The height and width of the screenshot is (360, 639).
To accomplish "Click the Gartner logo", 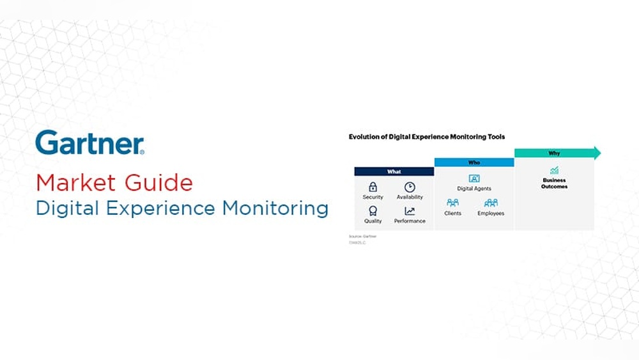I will [x=89, y=143].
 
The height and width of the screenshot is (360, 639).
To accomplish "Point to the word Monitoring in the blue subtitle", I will [x=275, y=208].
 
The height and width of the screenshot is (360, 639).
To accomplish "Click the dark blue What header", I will [x=394, y=171].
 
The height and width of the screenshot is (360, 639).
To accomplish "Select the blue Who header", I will [x=474, y=162].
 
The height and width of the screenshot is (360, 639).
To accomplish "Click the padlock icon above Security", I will [x=373, y=187].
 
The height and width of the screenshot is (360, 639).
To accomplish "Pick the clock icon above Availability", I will [x=410, y=187].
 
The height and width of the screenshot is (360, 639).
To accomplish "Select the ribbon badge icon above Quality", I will [x=373, y=210].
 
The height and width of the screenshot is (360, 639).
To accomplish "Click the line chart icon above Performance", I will [x=410, y=210].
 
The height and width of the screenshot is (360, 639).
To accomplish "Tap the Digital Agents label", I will [x=474, y=189].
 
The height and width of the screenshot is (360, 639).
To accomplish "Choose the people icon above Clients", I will [x=452, y=203].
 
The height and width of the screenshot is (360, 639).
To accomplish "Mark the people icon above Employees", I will [x=491, y=203].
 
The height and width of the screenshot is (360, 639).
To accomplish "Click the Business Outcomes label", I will [x=554, y=184].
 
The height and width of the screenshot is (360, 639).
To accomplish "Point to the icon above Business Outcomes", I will [x=554, y=171].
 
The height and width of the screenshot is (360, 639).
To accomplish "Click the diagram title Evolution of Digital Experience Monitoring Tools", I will [x=426, y=136].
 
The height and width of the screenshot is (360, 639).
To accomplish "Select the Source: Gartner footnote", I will [x=362, y=237].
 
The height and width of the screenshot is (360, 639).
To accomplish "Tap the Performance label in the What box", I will [x=410, y=221].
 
